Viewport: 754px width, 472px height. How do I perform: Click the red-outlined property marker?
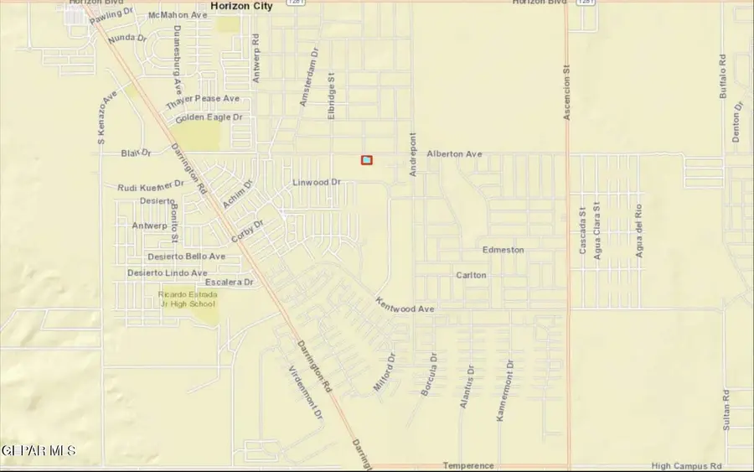pyautogui.click(x=366, y=159)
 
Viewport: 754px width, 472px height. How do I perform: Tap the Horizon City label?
pyautogui.click(x=243, y=6)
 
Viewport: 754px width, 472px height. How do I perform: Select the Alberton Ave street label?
pyautogui.click(x=454, y=154)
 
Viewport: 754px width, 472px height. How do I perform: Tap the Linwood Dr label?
pyautogui.click(x=317, y=182)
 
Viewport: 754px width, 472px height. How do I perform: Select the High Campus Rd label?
pyautogui.click(x=686, y=465)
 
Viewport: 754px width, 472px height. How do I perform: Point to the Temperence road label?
pyautogui.click(x=467, y=465)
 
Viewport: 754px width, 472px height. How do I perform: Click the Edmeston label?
pyautogui.click(x=503, y=250)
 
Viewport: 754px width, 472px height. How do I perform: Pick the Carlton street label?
pyautogui.click(x=471, y=275)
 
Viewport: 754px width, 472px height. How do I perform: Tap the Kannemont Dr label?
pyautogui.click(x=504, y=390)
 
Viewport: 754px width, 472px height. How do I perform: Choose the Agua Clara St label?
pyautogui.click(x=597, y=230)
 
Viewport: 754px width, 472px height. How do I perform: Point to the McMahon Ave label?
pyautogui.click(x=177, y=16)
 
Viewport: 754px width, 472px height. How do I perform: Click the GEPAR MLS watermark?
pyautogui.click(x=39, y=451)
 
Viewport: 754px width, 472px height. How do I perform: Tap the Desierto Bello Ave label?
pyautogui.click(x=186, y=257)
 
